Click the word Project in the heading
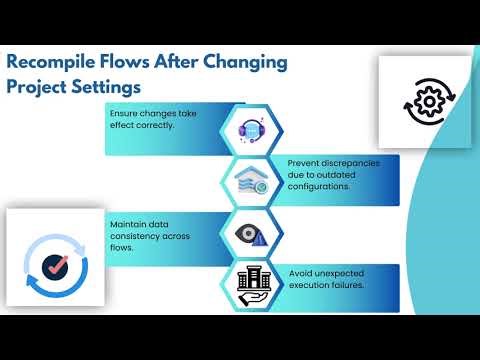click(x=42, y=86)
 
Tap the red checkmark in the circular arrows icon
click(x=48, y=266)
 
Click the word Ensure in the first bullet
click(x=126, y=114)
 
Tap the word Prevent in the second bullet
click(x=305, y=162)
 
